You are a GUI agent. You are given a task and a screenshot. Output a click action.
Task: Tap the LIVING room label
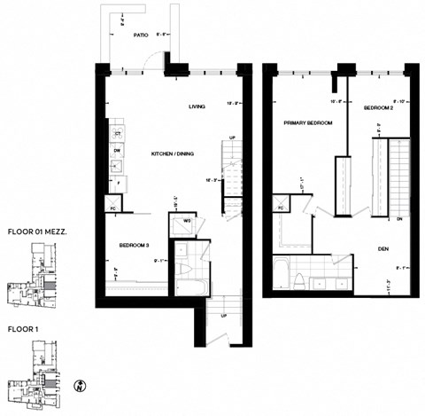click(x=197, y=106)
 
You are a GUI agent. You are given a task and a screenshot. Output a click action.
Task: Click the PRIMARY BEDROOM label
click(x=307, y=122)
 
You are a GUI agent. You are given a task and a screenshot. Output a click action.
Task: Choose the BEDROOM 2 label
click(x=380, y=107)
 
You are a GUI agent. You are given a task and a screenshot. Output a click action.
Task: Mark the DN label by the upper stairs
click(x=399, y=217)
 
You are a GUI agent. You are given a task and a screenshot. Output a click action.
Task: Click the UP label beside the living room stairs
click(x=232, y=138)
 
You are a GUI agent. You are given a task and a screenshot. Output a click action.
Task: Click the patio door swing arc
click(x=154, y=59)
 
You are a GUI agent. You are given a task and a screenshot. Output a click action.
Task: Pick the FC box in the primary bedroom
click(x=280, y=208)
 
